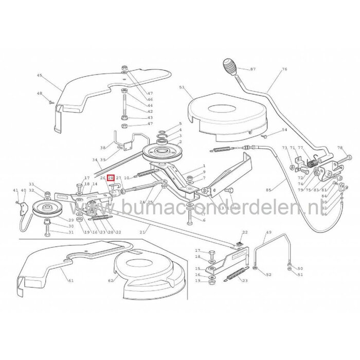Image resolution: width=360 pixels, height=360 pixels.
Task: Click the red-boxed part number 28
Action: [111, 177]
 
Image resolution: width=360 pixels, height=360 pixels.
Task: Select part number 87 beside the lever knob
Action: [253, 69]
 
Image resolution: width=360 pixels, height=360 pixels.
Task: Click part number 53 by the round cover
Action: [181, 88]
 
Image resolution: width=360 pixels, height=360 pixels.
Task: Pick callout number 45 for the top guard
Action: [40, 76]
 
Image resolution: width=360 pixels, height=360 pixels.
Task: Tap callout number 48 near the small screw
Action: [40, 93]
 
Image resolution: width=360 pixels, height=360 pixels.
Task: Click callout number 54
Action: [284, 131]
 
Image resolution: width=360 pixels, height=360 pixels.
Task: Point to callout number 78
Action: [339, 148]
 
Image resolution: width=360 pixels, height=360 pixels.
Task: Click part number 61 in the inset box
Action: [70, 281]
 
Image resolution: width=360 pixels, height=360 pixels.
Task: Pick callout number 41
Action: [16, 191]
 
